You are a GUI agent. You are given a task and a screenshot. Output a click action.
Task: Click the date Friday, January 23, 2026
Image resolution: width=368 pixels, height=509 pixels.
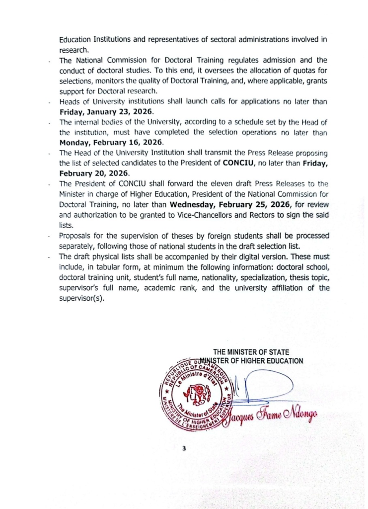106,111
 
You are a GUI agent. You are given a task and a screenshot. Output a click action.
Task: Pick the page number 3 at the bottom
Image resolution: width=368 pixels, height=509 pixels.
184,448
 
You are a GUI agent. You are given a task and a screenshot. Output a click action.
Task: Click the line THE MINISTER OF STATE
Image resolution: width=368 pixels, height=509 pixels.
251,352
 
